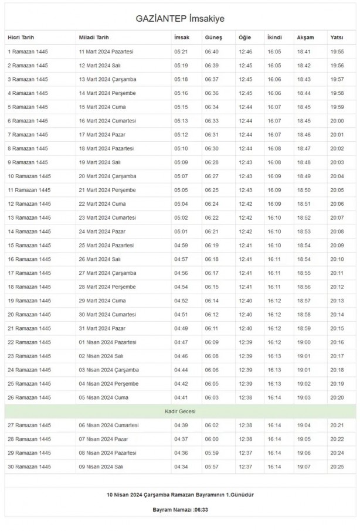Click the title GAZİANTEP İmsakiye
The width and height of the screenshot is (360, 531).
180,19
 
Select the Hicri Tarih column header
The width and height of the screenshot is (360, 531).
21,38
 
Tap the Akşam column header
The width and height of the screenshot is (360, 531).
305,38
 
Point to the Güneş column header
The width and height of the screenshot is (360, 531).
213,38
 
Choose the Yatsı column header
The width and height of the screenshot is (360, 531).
337,38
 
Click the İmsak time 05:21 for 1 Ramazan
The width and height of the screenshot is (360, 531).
181,52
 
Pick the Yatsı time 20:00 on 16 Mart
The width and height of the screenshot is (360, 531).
337,121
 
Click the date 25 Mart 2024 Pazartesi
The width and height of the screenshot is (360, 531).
106,245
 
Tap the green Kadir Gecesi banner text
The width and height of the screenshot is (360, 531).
180,411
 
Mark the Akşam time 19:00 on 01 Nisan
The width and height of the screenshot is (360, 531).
304,342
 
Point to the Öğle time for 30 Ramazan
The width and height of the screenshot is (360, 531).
245,467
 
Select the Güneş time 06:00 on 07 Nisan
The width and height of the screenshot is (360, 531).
212,439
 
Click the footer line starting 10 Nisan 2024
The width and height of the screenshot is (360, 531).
180,495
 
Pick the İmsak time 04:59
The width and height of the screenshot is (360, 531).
181,245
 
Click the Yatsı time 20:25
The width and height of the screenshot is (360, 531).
337,467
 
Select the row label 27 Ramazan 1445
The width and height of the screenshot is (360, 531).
29,425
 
